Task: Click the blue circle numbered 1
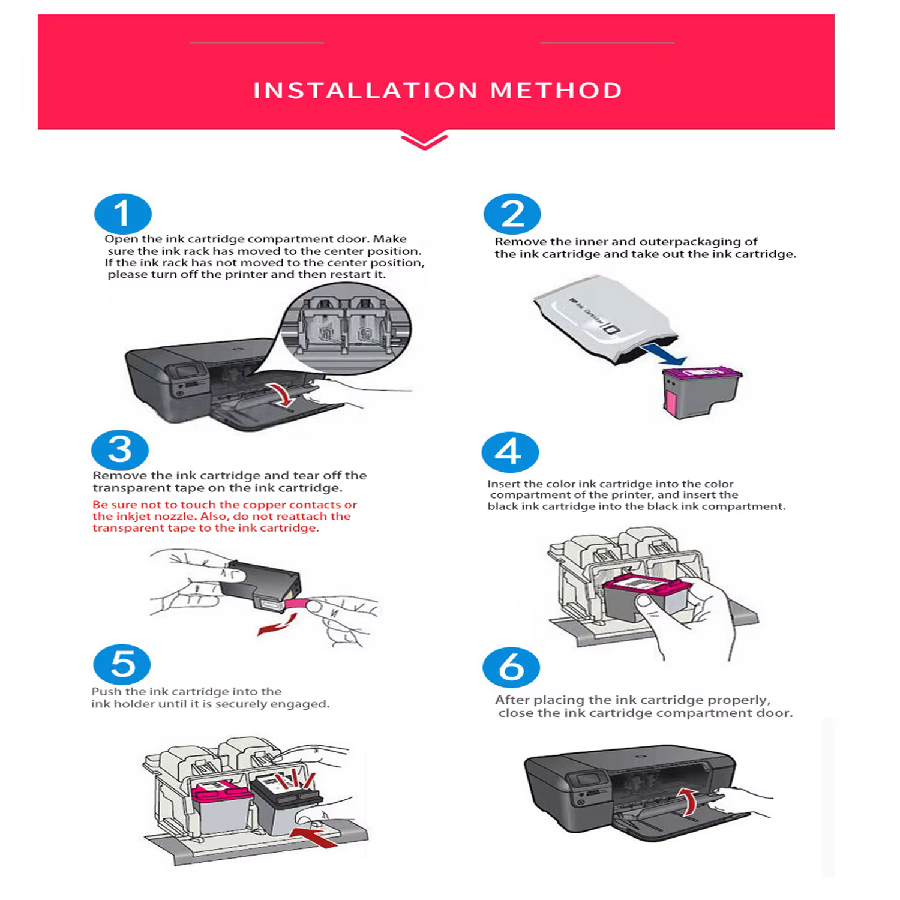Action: pos(123,214)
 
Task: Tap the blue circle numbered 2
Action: pos(512,214)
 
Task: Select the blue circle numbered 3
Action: pos(120,450)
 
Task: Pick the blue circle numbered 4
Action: pos(510,452)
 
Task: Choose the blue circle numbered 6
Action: pos(511,667)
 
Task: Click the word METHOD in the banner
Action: pos(556,91)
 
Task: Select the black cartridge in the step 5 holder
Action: pos(285,804)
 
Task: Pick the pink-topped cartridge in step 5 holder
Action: pos(222,810)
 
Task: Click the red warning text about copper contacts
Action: pos(224,517)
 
